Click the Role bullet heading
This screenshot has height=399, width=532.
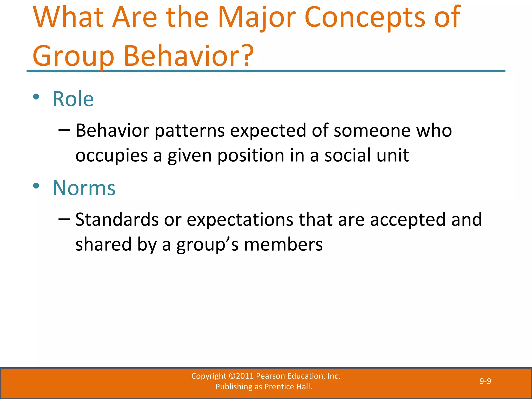click(x=73, y=99)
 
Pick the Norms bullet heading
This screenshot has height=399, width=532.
click(x=84, y=188)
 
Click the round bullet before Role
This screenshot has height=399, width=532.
click(x=36, y=97)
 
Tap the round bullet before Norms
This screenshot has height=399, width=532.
click(x=36, y=186)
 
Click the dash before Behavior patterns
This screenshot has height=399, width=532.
click(x=64, y=130)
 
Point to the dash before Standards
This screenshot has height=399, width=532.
click(x=64, y=219)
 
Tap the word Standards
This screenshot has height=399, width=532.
click(x=117, y=220)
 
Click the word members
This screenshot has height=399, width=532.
click(x=283, y=245)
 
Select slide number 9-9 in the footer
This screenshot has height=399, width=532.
click(x=485, y=381)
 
